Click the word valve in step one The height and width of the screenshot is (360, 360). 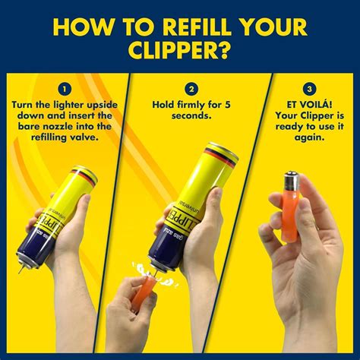[83, 139]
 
